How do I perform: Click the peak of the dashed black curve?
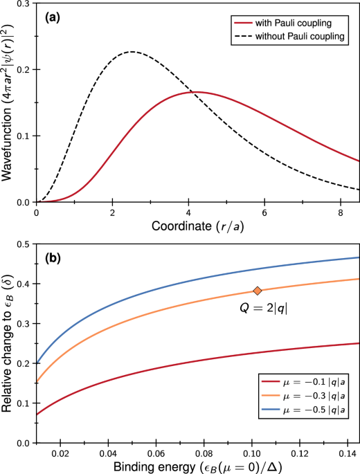tap(132, 52)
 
